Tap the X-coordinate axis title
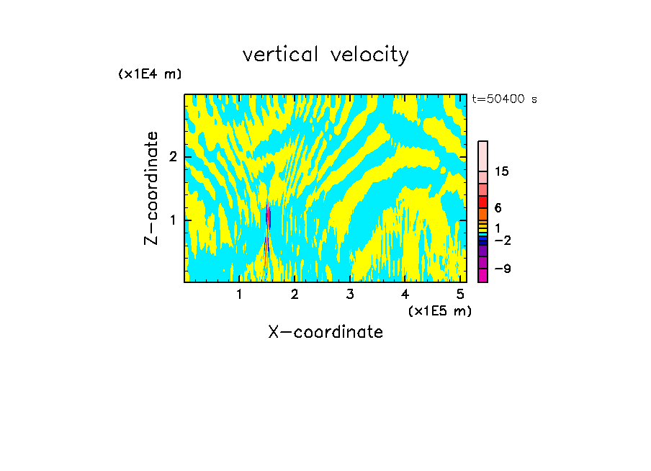coord(325,332)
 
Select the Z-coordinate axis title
coord(151,188)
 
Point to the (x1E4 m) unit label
coord(150,73)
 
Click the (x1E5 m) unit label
coord(439,310)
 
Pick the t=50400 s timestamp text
coord(504,99)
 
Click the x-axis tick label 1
coord(239,295)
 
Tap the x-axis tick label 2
coord(295,295)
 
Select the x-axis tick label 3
coord(349,295)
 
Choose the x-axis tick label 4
coord(405,295)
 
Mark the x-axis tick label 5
coord(460,295)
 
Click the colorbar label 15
coord(502,171)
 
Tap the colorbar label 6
coord(498,207)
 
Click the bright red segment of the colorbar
coord(482,202)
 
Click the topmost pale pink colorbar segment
coord(482,156)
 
